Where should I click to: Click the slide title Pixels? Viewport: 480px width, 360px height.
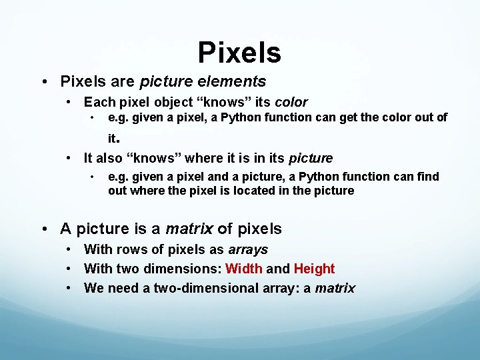tap(239, 52)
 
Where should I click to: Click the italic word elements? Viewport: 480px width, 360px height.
tap(235, 82)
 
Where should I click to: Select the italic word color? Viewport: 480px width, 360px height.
tap(291, 103)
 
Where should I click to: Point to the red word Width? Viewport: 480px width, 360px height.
tap(244, 269)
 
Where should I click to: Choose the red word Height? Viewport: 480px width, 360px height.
tap(314, 269)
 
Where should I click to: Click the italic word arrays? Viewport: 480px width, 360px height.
tap(248, 249)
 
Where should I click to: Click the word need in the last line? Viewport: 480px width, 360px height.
tap(120, 288)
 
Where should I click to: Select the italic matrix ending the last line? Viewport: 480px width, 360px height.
tap(335, 288)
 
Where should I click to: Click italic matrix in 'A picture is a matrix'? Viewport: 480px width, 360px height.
tap(189, 229)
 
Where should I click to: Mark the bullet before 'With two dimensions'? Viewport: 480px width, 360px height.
tap(70, 269)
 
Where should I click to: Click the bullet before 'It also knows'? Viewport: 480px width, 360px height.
tap(70, 158)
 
